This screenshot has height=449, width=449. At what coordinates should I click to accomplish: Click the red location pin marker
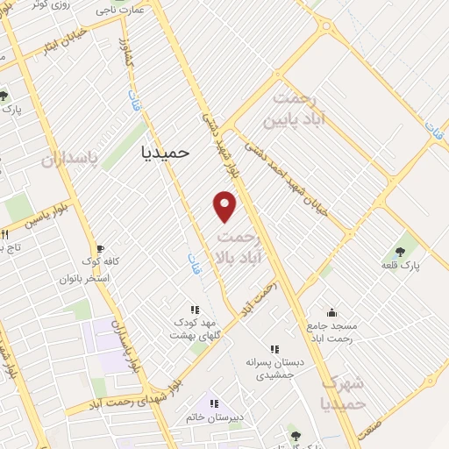click(x=225, y=206)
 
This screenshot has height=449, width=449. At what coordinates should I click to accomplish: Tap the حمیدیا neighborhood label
click(x=165, y=151)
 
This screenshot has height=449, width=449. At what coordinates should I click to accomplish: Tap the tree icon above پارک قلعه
click(x=407, y=248)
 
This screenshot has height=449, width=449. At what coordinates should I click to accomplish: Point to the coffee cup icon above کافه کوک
click(x=99, y=249)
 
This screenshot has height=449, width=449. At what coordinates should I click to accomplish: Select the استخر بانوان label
click(x=85, y=278)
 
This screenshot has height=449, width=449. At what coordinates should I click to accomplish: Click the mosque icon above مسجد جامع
click(x=331, y=311)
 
